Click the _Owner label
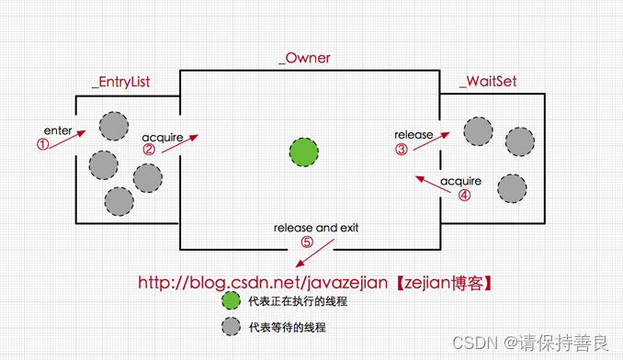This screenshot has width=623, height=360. [304, 58]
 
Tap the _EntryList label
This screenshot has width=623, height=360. [120, 82]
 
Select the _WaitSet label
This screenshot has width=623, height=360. [488, 82]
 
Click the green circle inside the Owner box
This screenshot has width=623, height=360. [304, 152]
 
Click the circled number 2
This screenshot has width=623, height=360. [149, 150]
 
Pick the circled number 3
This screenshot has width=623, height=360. [401, 149]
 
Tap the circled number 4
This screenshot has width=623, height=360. [464, 195]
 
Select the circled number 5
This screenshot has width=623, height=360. [307, 242]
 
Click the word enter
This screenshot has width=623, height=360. [58, 130]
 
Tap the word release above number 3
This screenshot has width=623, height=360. [413, 135]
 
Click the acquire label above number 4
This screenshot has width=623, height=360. [460, 181]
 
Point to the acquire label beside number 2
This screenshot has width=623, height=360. [163, 138]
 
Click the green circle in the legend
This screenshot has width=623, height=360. [230, 300]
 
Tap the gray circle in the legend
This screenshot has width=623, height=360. [230, 326]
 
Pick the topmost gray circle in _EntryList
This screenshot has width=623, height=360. [114, 126]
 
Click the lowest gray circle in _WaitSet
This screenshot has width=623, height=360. [512, 188]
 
